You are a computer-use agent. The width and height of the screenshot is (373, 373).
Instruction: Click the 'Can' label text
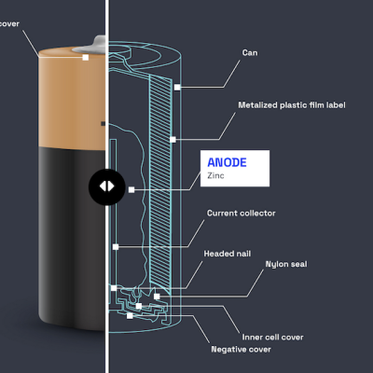coord(250,53)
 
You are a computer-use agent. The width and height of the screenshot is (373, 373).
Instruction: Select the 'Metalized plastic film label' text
coord(292,105)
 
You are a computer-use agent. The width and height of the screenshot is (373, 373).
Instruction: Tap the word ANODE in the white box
coord(227,162)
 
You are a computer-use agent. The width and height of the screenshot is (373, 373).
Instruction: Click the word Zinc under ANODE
coord(215,175)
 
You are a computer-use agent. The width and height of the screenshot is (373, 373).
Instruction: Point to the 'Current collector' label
coord(242,214)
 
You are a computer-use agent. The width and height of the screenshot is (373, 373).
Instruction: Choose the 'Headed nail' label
coord(228,254)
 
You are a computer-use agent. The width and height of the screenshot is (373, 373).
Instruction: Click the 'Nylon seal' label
coord(286,264)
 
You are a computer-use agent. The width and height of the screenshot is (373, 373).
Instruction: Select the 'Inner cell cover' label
coord(273,338)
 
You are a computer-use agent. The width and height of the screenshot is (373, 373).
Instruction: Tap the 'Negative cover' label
coord(242,350)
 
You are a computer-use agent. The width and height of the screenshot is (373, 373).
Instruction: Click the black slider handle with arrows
coord(107,186)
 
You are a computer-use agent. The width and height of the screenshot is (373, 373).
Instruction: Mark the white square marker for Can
coord(177,88)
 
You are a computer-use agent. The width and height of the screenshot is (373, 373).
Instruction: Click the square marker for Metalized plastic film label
coord(173,140)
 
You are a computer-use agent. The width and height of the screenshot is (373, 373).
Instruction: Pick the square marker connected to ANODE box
coord(131,189)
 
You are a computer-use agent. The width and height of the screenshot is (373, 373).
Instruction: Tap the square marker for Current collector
coord(116,247)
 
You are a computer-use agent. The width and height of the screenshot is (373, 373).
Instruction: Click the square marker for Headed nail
coord(114,288)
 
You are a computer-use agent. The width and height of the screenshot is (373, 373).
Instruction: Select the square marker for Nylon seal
coord(157,297)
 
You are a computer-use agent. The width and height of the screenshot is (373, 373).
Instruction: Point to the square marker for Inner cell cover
coord(139,306)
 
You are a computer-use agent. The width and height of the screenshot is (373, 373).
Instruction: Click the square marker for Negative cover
coord(130,316)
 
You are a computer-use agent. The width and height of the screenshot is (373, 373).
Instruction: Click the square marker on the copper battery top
coord(86,57)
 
